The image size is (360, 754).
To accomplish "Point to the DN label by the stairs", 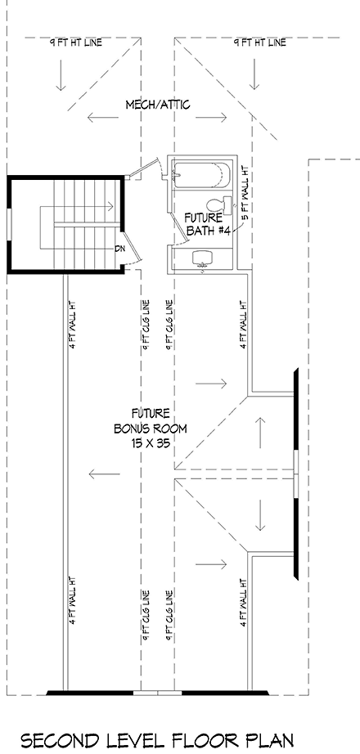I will [119, 249].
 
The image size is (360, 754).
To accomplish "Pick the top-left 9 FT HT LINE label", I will [75, 43].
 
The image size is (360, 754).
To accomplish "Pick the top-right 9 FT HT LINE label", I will [259, 43].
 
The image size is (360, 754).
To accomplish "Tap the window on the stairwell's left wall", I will [9, 226].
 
